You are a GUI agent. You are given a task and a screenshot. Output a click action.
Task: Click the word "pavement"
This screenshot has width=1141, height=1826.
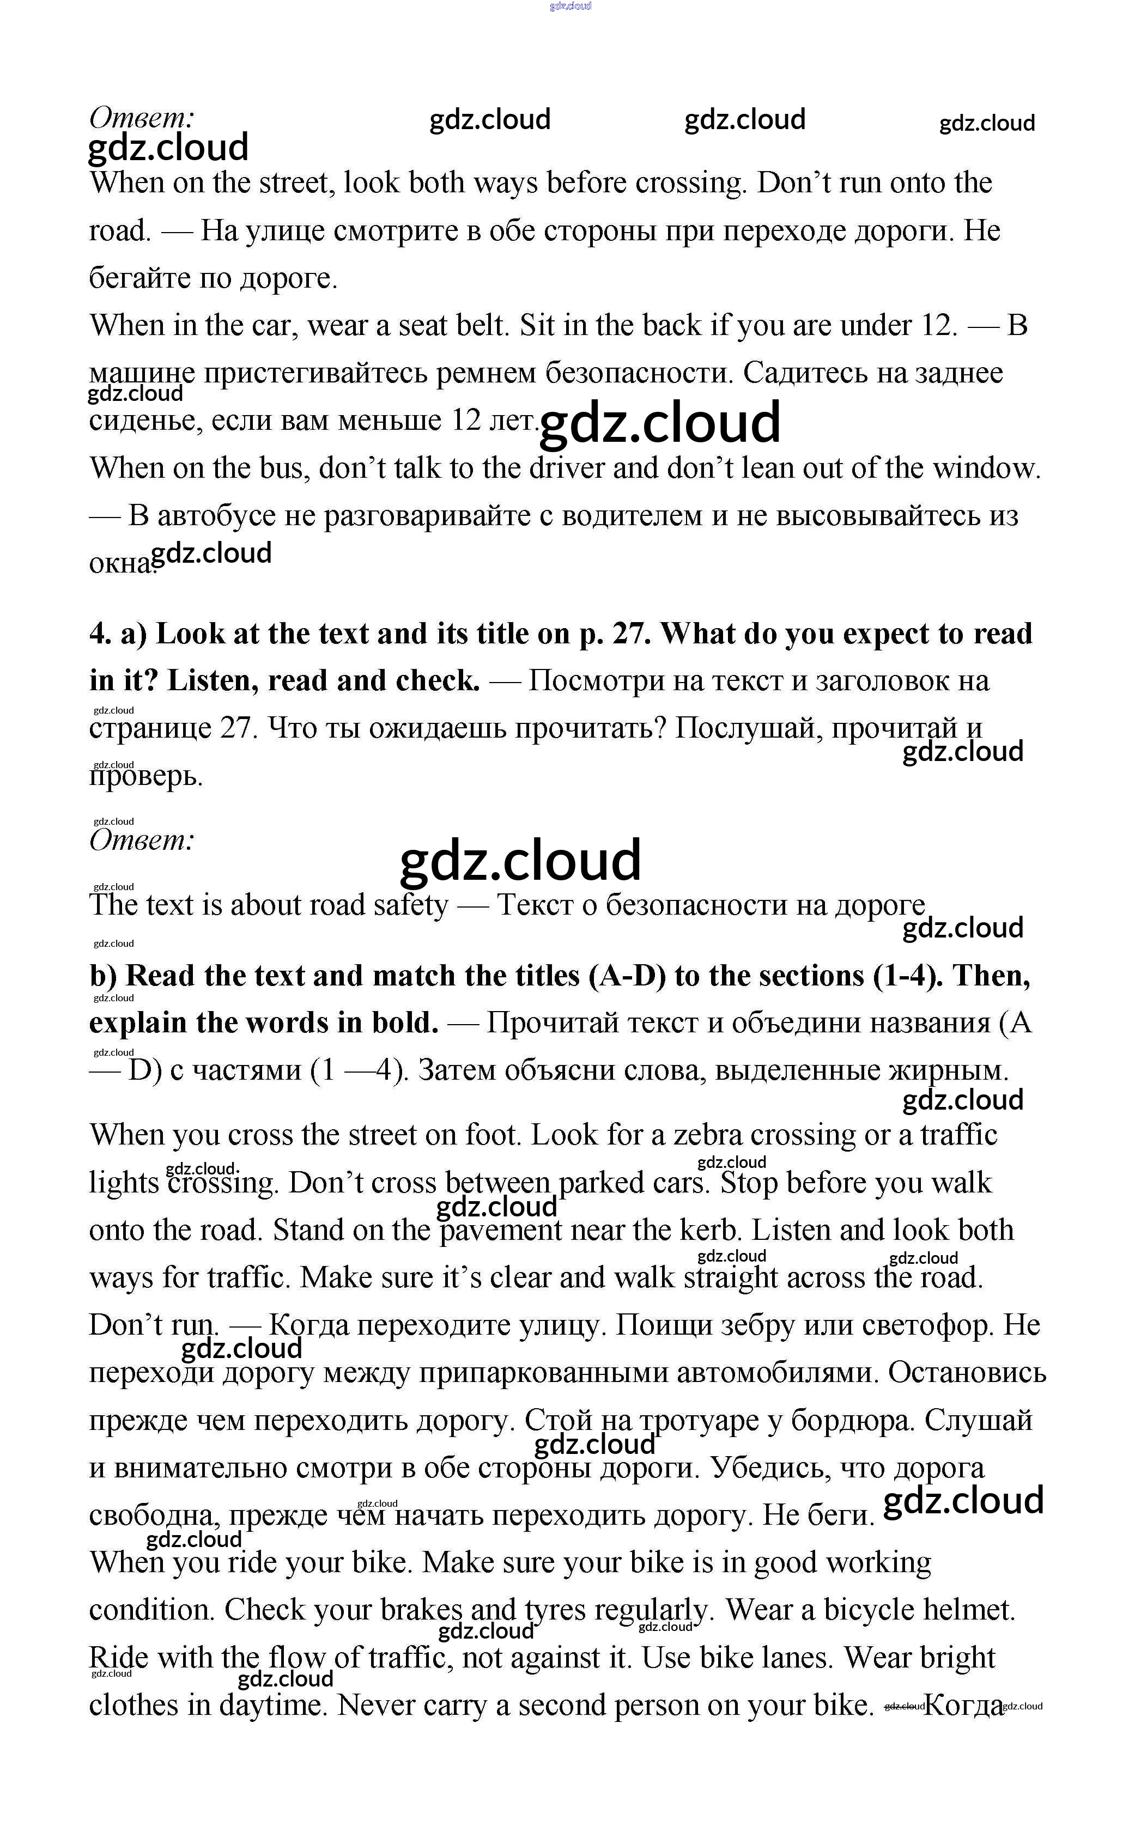click(x=500, y=1231)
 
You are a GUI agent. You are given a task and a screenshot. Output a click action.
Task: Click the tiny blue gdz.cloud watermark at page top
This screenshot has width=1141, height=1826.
click(x=570, y=6)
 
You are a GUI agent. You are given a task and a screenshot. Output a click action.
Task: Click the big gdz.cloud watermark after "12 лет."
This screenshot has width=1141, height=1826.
click(x=660, y=422)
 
